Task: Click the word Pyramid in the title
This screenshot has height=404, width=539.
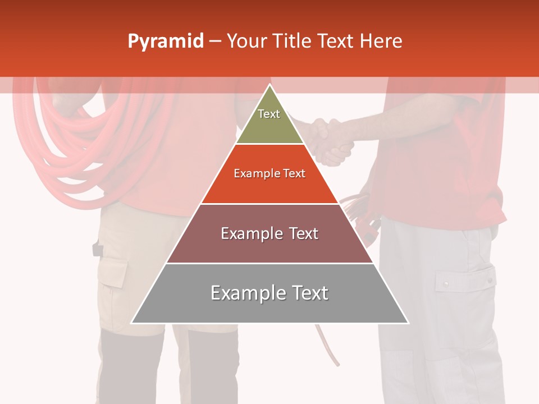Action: [165, 42]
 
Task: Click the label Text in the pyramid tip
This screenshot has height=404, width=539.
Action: [269, 114]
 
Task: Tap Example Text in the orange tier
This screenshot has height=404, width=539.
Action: [269, 173]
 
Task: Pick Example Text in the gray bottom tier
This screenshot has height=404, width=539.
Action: [269, 293]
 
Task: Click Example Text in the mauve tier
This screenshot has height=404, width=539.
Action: [269, 233]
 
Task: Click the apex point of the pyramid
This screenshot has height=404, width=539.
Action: [270, 85]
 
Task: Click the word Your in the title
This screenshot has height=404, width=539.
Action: [244, 41]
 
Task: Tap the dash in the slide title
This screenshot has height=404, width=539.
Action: [215, 42]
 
